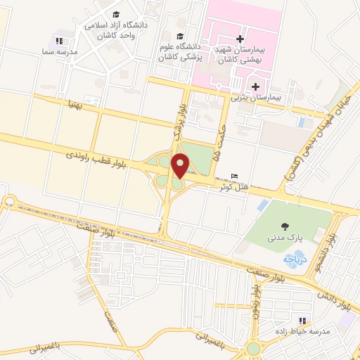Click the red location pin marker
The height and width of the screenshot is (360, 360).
click(180, 165)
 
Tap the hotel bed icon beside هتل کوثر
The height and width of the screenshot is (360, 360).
click(235, 175)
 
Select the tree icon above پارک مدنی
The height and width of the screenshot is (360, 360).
click(285, 226)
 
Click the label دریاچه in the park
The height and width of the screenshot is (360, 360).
click(292, 259)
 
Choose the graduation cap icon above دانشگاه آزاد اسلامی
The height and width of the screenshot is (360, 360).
click(115, 13)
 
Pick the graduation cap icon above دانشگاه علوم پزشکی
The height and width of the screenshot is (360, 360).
click(180, 37)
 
